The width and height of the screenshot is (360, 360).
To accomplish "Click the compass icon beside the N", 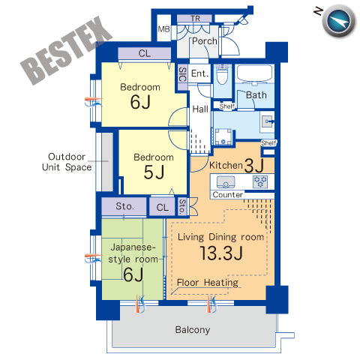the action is point(339,21).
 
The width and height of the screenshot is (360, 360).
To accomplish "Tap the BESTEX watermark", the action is point(66,51).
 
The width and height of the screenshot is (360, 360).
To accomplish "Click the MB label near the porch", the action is point(163,29).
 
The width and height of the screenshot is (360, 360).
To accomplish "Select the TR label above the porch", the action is point(195,19).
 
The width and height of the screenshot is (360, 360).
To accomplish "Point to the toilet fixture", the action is point(222,74).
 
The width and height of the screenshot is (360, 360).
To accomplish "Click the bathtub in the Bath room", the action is point(254,73).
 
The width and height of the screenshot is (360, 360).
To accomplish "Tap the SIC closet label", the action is point(183,74).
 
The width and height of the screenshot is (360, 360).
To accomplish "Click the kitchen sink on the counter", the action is point(226,181).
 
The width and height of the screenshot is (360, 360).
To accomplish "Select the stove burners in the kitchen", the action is point(260,181).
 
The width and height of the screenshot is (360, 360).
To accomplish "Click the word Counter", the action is point(227,194).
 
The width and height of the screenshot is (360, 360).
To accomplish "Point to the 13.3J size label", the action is point(221,253).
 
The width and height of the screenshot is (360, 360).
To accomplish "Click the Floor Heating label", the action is point(208,283).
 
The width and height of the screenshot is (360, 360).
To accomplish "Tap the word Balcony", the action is point(193,330).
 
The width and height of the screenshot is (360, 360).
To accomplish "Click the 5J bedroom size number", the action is point(154,172).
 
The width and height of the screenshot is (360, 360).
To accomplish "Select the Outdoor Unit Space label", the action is point(67,162).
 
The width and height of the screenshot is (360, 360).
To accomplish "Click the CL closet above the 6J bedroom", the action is point(145,53).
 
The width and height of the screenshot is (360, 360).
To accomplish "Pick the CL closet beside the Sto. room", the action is point(163,208).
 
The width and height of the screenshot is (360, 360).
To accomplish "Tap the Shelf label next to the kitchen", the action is point(268,143).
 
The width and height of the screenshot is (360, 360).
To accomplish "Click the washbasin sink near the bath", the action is point(268,121).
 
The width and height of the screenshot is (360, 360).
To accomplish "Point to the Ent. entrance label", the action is point(199,73).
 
